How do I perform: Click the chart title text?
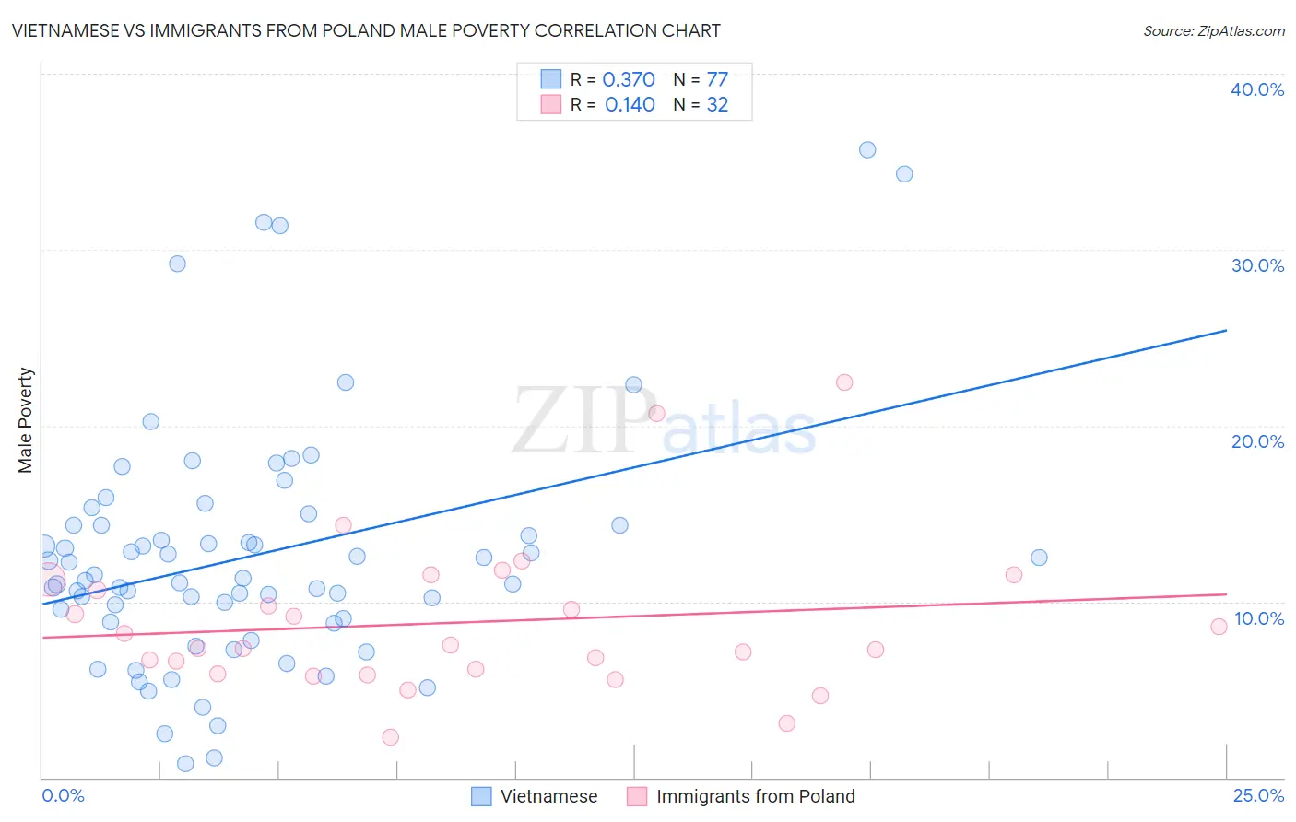366,30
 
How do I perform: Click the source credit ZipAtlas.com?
1213,30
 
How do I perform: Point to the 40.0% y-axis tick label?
1257,89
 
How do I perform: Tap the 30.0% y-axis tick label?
1257,265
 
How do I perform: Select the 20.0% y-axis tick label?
1257,441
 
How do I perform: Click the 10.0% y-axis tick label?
1258,618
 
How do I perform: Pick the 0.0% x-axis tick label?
63,795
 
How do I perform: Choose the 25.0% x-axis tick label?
1258,795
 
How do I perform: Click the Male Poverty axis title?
25,420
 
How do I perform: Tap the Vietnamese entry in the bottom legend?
548,796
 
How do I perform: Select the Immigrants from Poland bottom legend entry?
755,796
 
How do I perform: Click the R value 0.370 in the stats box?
629,80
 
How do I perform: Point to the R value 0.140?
630,105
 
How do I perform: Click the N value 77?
717,80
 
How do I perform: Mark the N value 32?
717,105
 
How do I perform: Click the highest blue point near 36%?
867,149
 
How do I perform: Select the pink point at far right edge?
1219,627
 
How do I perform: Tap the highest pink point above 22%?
844,382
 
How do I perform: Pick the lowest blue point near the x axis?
185,763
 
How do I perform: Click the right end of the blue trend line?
1226,330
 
